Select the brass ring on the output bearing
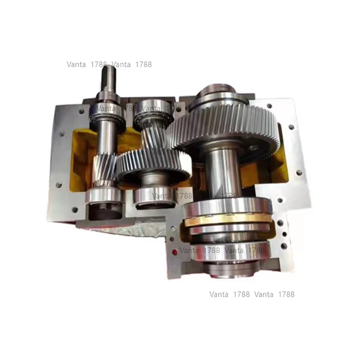(x=226, y=222)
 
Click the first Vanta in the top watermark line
(x=76, y=64)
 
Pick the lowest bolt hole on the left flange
(x=74, y=209)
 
